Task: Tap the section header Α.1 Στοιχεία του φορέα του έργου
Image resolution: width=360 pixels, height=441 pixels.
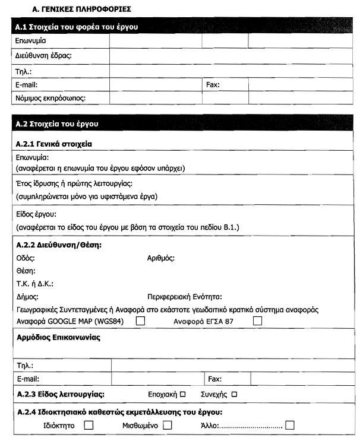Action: [78, 27]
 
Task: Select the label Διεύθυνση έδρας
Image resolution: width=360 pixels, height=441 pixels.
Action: [43, 56]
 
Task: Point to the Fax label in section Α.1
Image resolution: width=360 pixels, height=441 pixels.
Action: [213, 85]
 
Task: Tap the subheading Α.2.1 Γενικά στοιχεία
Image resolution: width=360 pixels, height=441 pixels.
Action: [54, 144]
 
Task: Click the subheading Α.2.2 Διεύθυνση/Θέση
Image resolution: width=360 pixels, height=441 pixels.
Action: [59, 245]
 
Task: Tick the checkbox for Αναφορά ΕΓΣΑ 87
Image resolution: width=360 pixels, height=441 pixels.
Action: [257, 321]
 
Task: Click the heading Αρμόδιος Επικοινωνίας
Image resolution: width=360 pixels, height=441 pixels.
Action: [58, 338]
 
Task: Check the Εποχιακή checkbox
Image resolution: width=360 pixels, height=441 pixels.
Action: [182, 394]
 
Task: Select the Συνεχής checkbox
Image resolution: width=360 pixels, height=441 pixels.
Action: [234, 394]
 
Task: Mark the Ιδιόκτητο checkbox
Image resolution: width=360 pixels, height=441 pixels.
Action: [89, 425]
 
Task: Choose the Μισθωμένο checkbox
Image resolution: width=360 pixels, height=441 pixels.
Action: [167, 425]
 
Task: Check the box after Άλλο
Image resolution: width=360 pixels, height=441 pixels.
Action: [290, 425]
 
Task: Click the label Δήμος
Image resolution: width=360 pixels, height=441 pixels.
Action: [27, 296]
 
